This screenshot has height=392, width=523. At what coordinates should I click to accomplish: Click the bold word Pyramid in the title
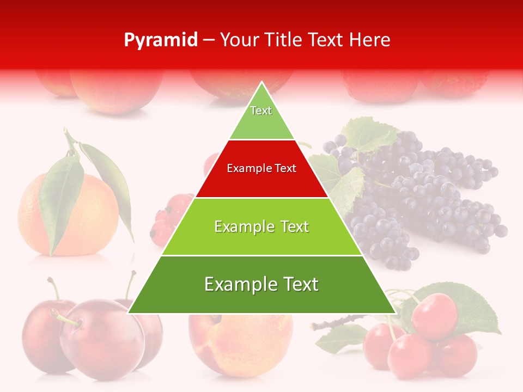[161, 40]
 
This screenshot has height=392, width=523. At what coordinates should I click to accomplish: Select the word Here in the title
[370, 40]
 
